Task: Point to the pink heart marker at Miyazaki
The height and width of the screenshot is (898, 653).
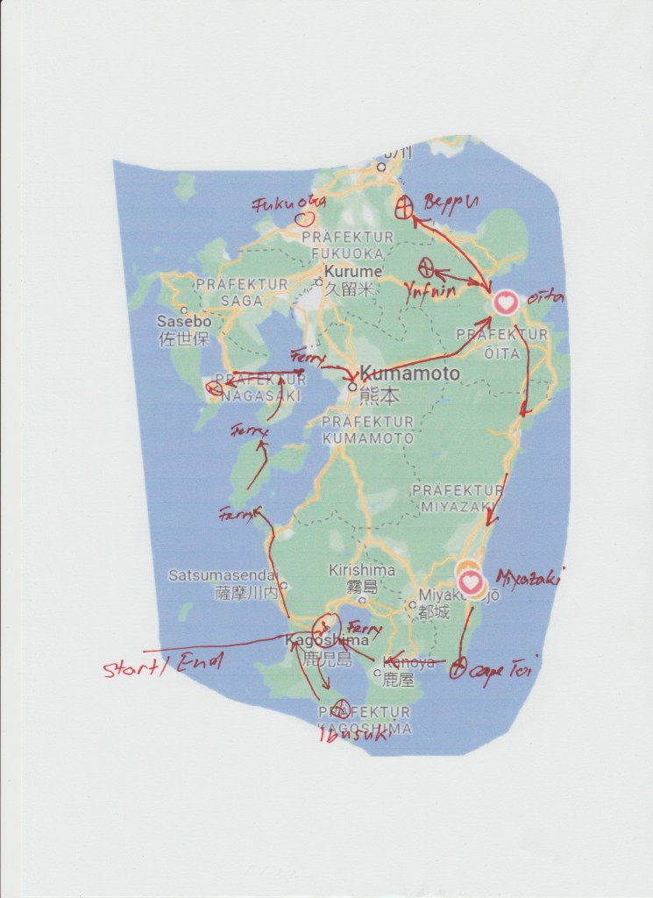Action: point(472,581)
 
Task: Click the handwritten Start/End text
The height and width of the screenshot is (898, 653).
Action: point(163,665)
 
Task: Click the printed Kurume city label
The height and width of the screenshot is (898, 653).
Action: point(353,272)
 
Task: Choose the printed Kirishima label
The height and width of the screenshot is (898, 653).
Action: point(361,570)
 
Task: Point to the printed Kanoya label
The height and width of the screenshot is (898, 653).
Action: point(408,663)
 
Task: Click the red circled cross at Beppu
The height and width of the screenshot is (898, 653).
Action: point(404,208)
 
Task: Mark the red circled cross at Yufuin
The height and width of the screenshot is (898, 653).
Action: point(428,266)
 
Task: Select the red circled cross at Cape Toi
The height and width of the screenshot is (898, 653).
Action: point(457,673)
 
